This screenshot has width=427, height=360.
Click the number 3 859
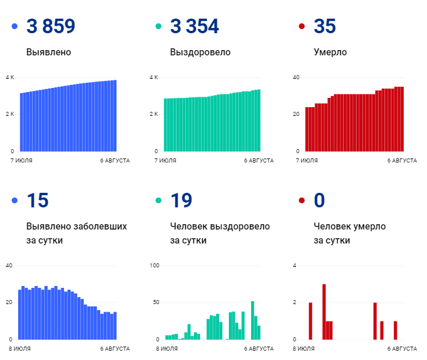[x=51, y=26]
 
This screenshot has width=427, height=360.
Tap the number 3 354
[x=195, y=26]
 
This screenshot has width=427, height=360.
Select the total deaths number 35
[x=324, y=26]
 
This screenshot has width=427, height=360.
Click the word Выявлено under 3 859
[x=48, y=52]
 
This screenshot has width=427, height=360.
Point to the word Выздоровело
[x=200, y=52]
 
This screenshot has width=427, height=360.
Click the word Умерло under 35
[x=330, y=52]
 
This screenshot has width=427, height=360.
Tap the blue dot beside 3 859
[x=15, y=27]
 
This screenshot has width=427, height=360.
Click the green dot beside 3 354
[x=158, y=27]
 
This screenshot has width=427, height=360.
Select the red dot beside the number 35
[x=301, y=27]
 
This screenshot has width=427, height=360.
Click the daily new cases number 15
[x=37, y=200]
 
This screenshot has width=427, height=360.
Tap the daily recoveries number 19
[x=181, y=200]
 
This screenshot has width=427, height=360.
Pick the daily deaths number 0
[x=319, y=200]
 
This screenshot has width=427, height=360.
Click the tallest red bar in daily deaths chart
[x=324, y=311]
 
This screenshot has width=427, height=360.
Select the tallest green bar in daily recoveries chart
[x=252, y=320]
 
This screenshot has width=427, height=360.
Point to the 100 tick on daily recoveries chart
[x=154, y=266]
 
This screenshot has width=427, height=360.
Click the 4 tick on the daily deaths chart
[x=295, y=266]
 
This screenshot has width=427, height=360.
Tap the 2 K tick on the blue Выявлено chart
[x=10, y=114]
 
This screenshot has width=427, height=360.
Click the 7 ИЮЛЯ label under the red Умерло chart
[x=306, y=160]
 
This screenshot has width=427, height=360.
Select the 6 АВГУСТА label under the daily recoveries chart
[x=259, y=348]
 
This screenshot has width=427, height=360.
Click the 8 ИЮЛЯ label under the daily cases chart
[x=20, y=348]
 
